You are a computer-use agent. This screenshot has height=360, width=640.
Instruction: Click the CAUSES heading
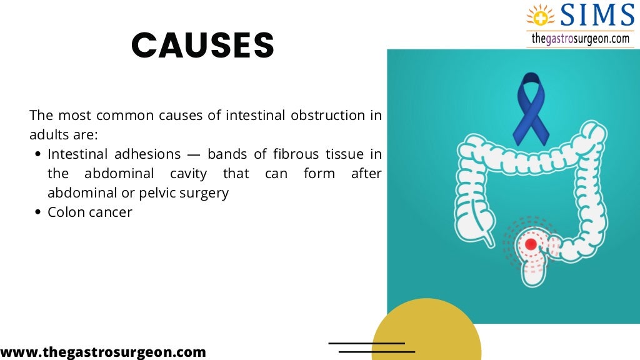(x=202, y=46)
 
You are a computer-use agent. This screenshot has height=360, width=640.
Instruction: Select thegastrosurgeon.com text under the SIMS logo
(x=579, y=39)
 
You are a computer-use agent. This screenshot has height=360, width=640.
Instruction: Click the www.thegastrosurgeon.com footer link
(x=103, y=352)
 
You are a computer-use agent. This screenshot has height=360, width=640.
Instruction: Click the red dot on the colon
(x=531, y=244)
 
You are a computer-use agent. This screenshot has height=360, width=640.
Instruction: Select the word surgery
(x=204, y=193)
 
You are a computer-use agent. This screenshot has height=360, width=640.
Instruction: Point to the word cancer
(x=111, y=212)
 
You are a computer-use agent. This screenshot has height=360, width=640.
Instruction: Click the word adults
(x=48, y=135)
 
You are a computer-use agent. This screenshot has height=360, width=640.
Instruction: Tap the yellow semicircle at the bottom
(x=426, y=331)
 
